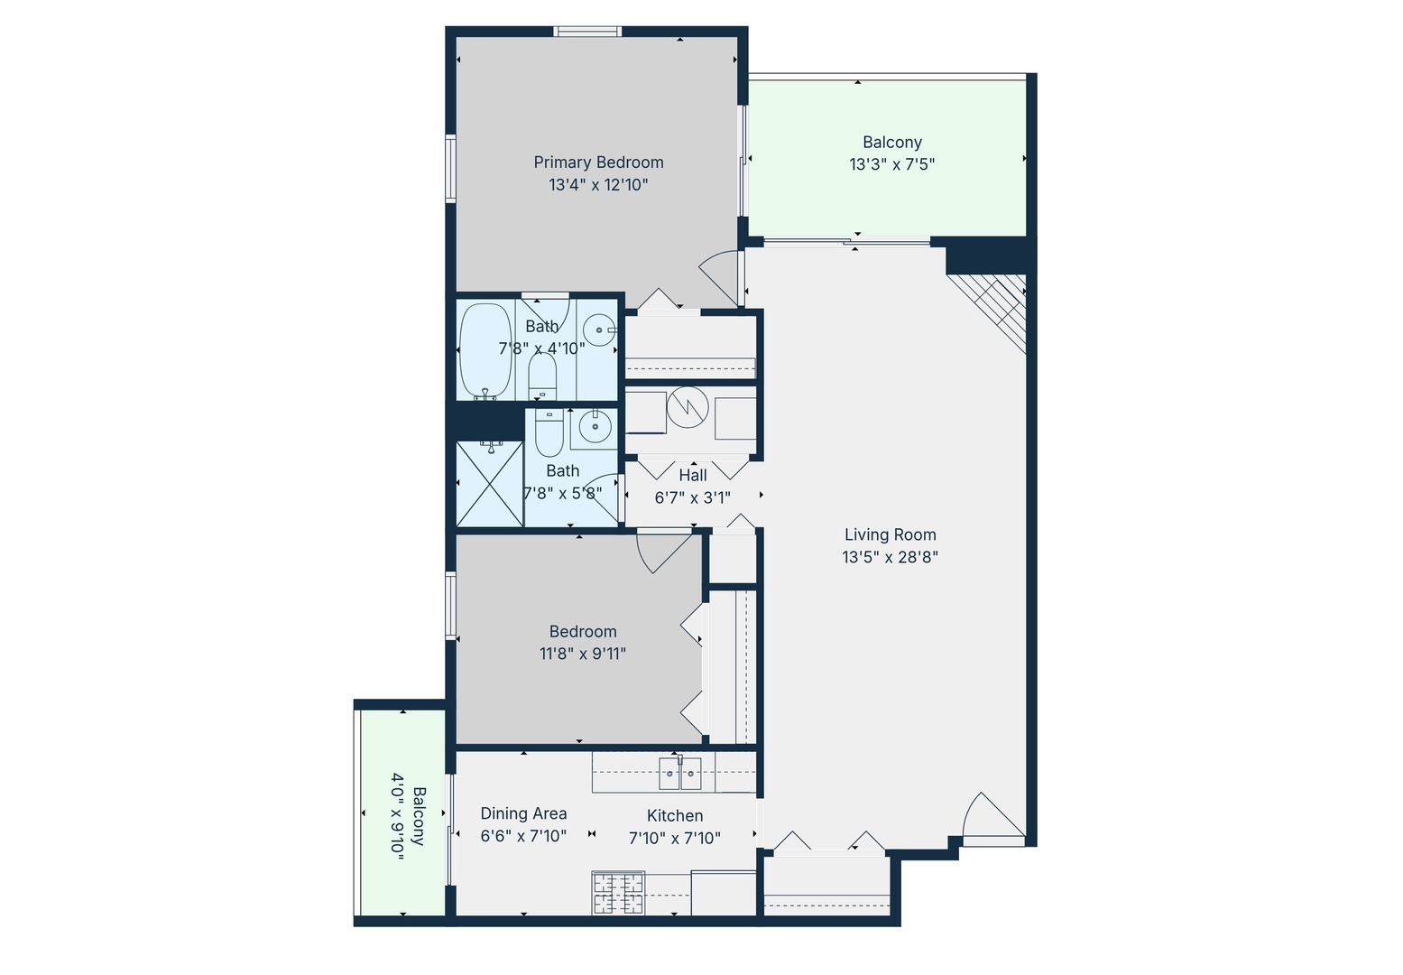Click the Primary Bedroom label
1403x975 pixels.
point(598,162)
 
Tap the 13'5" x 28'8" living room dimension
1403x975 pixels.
point(890,557)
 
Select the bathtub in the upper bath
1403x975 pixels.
point(485,350)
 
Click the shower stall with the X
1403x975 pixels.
point(489,483)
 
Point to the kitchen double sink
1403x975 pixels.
point(680,773)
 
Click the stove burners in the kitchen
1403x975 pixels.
point(618,892)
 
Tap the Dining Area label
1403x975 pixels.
point(523,813)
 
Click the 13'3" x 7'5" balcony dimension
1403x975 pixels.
point(891,164)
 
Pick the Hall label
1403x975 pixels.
point(692,475)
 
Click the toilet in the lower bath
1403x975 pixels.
point(549,433)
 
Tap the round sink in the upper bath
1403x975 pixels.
point(598,330)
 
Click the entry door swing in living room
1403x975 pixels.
point(991,817)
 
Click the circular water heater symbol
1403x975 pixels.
point(688,408)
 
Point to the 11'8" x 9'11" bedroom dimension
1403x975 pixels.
point(582,654)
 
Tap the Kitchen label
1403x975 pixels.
point(674,815)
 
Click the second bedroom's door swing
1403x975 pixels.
point(660,552)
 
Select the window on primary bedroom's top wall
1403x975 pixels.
point(587,32)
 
